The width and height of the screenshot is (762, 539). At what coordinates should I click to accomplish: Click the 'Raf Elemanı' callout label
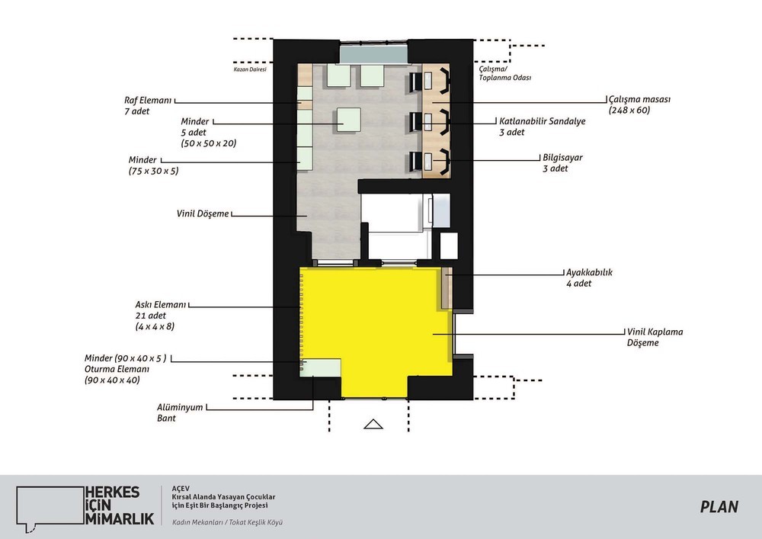point(149,101)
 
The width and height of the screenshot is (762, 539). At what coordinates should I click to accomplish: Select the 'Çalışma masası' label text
point(639,99)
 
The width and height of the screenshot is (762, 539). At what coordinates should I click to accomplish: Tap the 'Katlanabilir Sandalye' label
point(543,121)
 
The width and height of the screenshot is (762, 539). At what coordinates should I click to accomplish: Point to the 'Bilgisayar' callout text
point(563,158)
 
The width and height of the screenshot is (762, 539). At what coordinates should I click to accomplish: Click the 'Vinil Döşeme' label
point(203,213)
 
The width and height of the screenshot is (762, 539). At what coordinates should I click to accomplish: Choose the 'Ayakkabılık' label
point(589,273)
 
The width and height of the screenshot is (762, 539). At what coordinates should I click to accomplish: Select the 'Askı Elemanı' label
point(160,305)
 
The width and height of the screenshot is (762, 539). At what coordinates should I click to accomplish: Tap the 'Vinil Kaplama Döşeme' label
point(655,337)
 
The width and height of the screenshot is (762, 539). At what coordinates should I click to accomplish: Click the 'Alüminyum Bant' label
point(180,412)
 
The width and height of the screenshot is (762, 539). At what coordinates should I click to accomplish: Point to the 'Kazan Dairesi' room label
point(250,69)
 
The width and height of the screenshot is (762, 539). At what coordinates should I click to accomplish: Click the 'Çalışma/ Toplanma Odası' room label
point(505,73)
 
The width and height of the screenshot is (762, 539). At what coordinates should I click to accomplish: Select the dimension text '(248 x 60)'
point(629,111)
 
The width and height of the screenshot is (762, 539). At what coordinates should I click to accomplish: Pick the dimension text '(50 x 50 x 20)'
point(209,143)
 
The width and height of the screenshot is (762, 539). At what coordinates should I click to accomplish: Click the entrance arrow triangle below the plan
point(373,424)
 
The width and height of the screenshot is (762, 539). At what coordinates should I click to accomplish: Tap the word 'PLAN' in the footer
point(719,507)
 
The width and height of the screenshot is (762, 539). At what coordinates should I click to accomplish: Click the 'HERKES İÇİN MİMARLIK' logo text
point(120,505)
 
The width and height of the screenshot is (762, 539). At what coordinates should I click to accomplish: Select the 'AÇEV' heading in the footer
point(181,489)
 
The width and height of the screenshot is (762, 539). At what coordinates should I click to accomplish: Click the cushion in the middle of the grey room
point(347,119)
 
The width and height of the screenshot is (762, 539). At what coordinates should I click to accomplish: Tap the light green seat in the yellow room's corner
point(320,367)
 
